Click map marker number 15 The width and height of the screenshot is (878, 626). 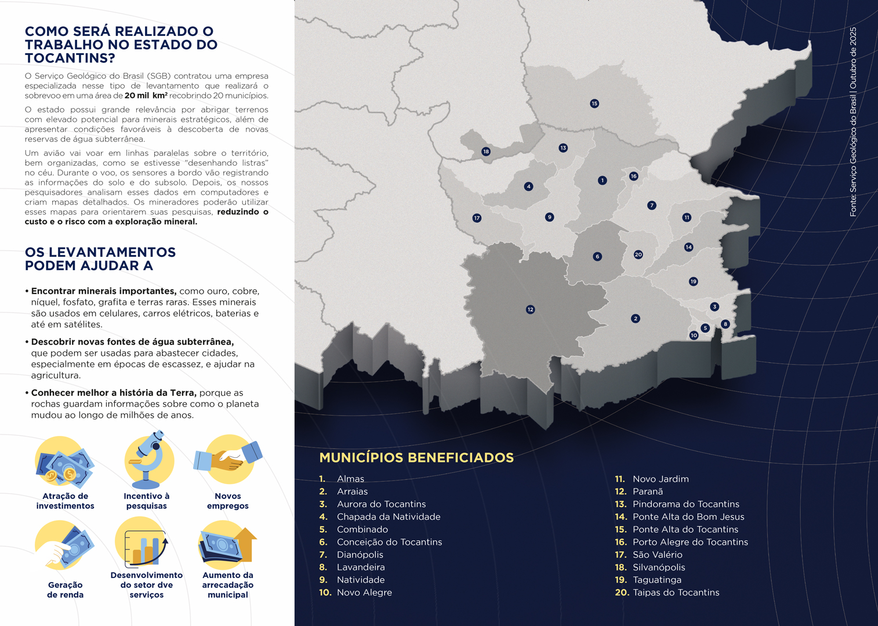tap(594, 104)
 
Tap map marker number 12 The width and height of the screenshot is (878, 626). tap(530, 310)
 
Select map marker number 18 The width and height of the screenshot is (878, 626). tap(486, 152)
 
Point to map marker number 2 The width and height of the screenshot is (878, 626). tap(636, 319)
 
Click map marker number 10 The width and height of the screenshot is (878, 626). tap(694, 336)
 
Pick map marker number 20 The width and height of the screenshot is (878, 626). tap(638, 254)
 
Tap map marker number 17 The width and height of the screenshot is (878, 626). tap(477, 219)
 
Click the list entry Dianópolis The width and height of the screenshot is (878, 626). tap(360, 555)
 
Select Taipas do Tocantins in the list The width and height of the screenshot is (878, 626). tap(676, 592)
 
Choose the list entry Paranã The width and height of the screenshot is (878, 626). tap(647, 492)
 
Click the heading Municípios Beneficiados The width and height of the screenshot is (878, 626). tap(416, 458)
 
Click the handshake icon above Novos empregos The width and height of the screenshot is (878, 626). tap(228, 460)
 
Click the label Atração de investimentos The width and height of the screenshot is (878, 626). tap(65, 501)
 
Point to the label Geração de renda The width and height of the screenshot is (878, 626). tap(65, 590)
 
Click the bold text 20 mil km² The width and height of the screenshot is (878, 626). tap(146, 96)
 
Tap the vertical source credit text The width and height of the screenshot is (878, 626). tap(852, 122)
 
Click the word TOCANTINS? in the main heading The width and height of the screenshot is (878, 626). tap(70, 58)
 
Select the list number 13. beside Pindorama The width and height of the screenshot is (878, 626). tap(621, 504)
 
